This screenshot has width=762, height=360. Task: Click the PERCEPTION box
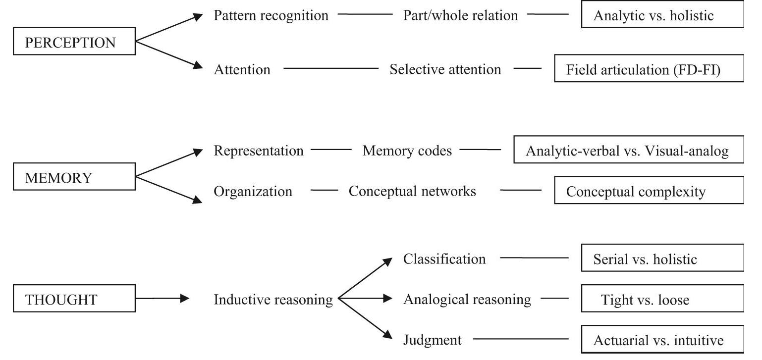pos(74,42)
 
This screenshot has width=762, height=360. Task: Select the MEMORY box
pos(74,177)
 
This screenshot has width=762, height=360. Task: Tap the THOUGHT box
pos(74,299)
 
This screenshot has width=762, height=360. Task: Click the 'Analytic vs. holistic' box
pos(662,15)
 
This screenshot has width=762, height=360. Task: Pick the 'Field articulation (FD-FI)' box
pos(649,69)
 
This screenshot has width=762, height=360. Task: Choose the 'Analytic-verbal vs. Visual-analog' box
pos(629,150)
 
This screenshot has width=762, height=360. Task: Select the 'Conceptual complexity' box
pos(649,191)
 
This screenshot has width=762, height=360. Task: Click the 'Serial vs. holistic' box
pos(662,258)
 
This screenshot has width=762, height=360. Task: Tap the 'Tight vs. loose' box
pos(662,299)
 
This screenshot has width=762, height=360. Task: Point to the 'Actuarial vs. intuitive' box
pos(662,340)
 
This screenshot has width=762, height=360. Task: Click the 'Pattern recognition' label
pos(271,15)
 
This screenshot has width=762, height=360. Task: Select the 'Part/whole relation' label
pos(460,15)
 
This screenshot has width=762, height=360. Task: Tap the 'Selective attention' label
pos(445,69)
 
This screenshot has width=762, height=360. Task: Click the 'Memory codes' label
pos(407,151)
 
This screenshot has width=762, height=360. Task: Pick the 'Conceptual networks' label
pos(412,191)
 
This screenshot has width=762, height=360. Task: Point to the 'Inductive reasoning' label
pos(273,300)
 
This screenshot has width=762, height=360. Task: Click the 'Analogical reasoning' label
pos(467,299)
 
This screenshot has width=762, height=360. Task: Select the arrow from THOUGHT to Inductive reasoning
pos(162,299)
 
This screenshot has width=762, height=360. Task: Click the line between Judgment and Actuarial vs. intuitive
pos(521,340)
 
